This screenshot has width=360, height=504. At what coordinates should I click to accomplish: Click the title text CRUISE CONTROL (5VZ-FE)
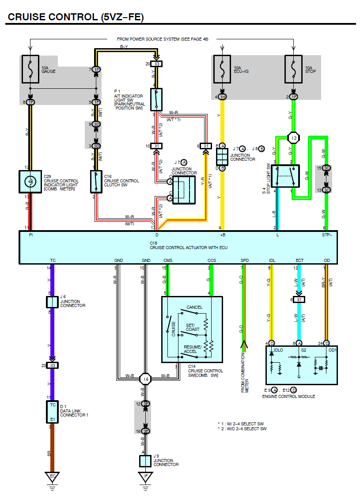pyautogui.click(x=76, y=17)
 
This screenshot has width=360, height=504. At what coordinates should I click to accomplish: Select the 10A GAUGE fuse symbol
pyautogui.click(x=30, y=69)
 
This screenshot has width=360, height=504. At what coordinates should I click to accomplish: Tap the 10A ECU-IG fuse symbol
pyautogui.click(x=222, y=69)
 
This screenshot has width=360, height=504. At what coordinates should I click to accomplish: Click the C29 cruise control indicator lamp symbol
pyautogui.click(x=30, y=182)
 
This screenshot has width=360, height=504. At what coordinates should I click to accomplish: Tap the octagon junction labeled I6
pyautogui.click(x=145, y=379)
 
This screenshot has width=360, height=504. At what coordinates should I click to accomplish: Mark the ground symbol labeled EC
pyautogui.click(x=53, y=477)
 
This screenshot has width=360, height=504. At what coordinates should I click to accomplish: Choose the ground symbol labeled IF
pyautogui.click(x=145, y=477)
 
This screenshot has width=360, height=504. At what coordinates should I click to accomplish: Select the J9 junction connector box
pyautogui.click(x=145, y=461)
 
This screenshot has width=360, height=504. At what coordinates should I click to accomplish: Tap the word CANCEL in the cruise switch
pyautogui.click(x=194, y=307)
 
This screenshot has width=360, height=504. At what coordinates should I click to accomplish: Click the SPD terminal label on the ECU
pyautogui.click(x=244, y=261)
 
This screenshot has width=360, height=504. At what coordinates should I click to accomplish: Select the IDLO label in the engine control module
pyautogui.click(x=278, y=350)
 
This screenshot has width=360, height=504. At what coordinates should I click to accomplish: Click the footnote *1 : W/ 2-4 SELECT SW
pyautogui.click(x=242, y=423)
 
